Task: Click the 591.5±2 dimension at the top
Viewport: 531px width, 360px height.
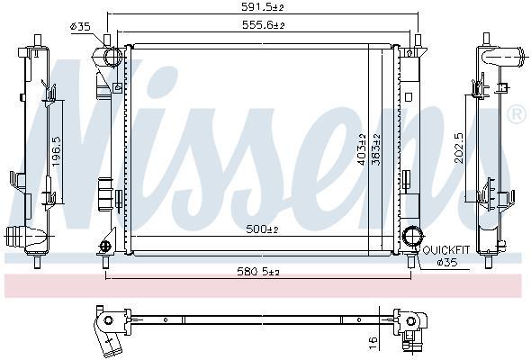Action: point(262,7)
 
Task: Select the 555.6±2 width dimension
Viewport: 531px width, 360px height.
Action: point(263,24)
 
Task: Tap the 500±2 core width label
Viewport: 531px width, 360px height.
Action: point(262,229)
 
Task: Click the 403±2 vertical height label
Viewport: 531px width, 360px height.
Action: point(362,149)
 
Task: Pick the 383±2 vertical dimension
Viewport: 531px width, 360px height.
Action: point(376,149)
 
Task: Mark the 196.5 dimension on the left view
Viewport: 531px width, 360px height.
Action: point(56,151)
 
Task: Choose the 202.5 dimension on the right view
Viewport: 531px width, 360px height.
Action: point(459,148)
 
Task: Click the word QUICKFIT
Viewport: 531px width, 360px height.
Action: point(446,250)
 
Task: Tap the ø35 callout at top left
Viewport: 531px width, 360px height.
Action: point(80,26)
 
